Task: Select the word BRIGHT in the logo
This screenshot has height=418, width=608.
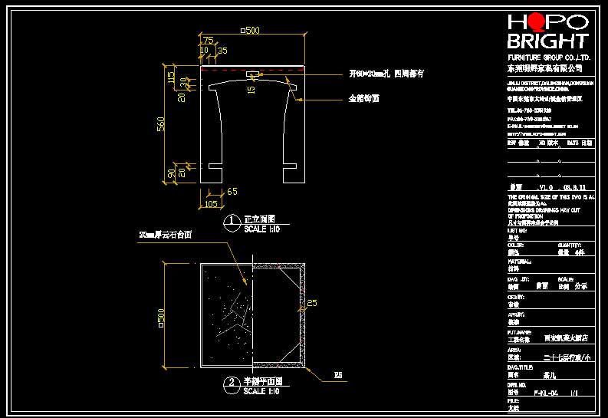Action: pos(547,41)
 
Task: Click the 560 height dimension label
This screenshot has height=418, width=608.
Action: pos(161,124)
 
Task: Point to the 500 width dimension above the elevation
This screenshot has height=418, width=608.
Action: pos(250,31)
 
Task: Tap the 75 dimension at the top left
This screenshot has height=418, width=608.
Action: pos(207,41)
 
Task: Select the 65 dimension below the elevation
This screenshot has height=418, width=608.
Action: pos(232,191)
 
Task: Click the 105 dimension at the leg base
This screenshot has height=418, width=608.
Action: pos(209,204)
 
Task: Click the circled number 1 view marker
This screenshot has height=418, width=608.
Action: pos(232,223)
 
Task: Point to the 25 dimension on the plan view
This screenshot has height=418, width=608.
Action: pos(311,303)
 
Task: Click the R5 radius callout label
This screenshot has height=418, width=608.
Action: pos(337,375)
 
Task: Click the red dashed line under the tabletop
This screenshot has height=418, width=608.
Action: pos(252,68)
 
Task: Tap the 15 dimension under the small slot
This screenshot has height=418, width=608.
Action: pos(251,90)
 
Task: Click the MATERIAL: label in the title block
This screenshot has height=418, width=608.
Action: pos(520,261)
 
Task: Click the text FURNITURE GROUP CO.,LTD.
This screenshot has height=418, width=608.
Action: pos(549,58)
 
